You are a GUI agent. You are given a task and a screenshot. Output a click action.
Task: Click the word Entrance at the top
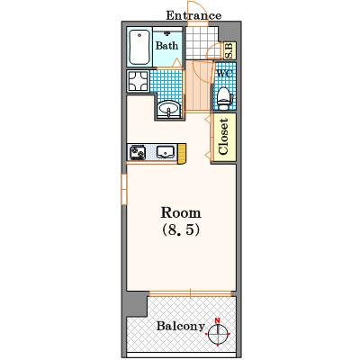click(x=193, y=15)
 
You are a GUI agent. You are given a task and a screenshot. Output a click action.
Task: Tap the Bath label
click(x=166, y=46)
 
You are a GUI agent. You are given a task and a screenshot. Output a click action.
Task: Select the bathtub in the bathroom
click(x=139, y=47)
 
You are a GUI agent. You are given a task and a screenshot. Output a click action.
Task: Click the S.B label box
click(x=230, y=50)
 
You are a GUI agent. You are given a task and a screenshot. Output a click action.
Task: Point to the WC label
click(x=224, y=74)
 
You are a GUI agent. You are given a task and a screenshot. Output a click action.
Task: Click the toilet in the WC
click(x=224, y=98)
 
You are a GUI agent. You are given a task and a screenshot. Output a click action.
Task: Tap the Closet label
click(x=224, y=137)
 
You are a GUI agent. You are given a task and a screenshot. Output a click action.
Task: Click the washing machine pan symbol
click(x=138, y=81)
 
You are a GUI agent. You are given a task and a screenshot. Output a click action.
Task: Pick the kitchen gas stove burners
click(x=138, y=152)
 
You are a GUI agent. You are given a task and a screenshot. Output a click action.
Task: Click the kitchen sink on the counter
click(x=165, y=152)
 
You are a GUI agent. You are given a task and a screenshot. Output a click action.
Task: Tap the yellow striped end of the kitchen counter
click(x=182, y=154)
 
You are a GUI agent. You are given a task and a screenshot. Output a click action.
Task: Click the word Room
click(x=181, y=213)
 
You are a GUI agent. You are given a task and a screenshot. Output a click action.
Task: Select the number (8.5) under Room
click(x=181, y=230)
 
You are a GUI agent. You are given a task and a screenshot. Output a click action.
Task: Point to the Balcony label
click(x=181, y=326)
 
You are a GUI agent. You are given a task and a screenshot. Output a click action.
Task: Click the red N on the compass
click(x=218, y=320)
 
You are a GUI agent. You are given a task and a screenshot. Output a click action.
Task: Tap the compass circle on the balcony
click(x=218, y=334)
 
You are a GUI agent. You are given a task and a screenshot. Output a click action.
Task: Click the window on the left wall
click(x=124, y=189)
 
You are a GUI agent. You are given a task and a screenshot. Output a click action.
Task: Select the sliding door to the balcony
click(x=191, y=293)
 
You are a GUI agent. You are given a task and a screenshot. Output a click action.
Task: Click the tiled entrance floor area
click(x=202, y=42)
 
